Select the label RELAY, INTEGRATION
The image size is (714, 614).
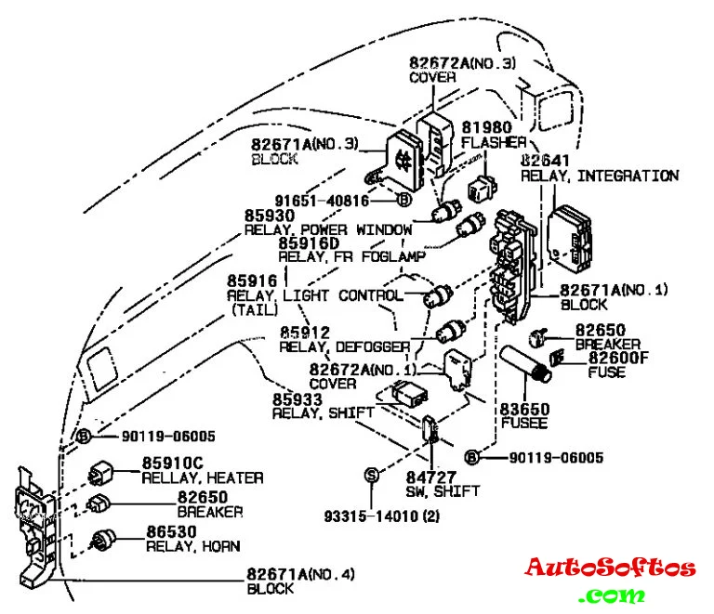pyautogui.click(x=599, y=176)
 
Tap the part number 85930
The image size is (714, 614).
pyautogui.click(x=269, y=215)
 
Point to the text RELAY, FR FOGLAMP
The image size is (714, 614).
pyautogui.click(x=351, y=255)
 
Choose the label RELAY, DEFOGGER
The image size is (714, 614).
pyautogui.click(x=345, y=346)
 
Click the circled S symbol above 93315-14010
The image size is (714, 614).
pyautogui.click(x=371, y=475)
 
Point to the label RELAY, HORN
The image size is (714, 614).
pyautogui.click(x=192, y=545)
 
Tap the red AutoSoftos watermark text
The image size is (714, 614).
pyautogui.click(x=609, y=568)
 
